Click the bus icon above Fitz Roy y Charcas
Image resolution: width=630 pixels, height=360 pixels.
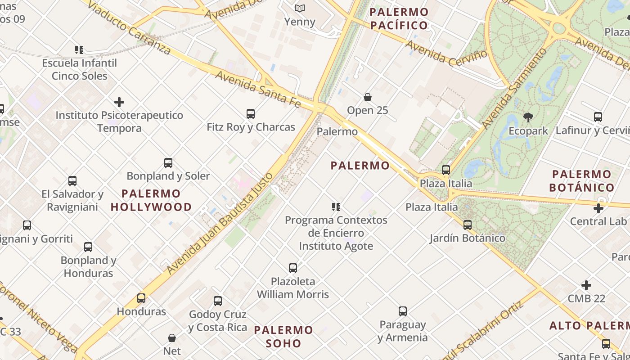251,114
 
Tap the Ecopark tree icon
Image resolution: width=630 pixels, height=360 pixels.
528,117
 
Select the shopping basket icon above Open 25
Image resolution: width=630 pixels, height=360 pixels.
368,97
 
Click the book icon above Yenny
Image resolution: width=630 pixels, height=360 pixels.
300,8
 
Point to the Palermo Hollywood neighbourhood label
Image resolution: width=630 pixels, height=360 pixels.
151,201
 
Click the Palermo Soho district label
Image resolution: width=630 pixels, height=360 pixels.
283,337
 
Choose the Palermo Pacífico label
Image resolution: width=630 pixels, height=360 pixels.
399,18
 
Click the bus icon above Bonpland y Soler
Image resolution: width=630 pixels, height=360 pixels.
168,162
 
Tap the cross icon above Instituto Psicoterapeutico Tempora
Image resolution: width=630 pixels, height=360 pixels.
119,102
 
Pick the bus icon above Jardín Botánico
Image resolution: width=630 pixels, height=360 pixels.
468,225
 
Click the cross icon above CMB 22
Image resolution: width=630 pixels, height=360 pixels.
586,285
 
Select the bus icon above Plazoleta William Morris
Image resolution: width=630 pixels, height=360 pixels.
293,268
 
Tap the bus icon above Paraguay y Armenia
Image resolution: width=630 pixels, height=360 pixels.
403,311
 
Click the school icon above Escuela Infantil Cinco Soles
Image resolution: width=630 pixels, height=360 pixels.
79,49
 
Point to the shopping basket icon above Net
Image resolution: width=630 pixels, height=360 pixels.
172,337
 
